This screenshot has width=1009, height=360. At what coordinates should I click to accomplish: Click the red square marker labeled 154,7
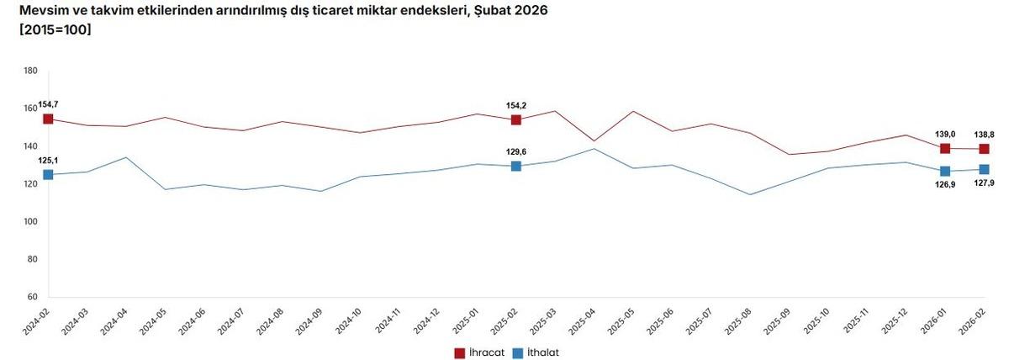coord(48,119)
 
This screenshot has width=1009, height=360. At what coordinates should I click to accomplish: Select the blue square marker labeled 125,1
coord(48,175)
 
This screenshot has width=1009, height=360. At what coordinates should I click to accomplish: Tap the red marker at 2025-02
coord(515,120)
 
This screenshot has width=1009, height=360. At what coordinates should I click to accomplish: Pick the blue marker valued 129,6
coord(515,167)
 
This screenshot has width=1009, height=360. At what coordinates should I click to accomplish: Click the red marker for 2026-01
coord(945,149)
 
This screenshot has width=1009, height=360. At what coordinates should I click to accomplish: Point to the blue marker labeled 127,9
coord(984,170)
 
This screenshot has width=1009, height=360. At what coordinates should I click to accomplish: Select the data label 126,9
coord(945,186)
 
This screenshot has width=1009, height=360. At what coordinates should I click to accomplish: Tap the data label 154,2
coord(515,106)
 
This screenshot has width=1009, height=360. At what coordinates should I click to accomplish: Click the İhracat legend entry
coord(479,352)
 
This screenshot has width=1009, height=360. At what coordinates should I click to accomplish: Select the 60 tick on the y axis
coord(31,297)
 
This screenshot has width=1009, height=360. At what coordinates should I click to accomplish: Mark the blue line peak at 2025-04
coord(594,149)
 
